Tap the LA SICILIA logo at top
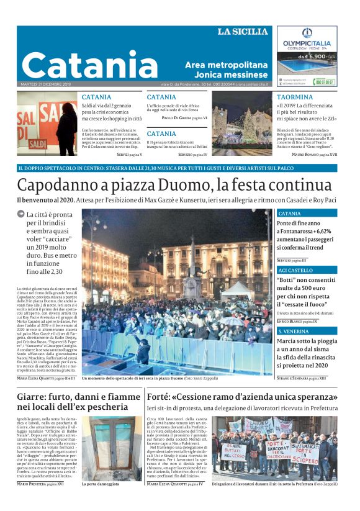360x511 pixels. coord(242,32)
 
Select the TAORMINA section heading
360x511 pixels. coord(295,97)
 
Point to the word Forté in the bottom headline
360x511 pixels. coord(160,396)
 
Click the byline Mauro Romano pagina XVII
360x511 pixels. coord(315,154)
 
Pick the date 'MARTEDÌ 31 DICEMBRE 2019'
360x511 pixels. coord(46,84)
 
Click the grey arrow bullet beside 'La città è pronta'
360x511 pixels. coord(21,214)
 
